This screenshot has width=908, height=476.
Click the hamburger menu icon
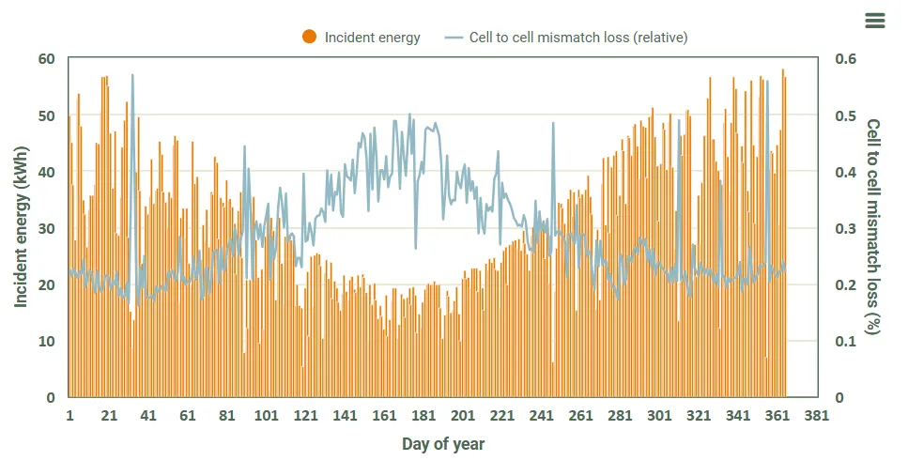pos(874,21)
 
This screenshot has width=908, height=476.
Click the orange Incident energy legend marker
pos(309,38)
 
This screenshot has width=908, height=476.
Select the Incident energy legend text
pos(372,38)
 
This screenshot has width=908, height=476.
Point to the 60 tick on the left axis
pos(47,59)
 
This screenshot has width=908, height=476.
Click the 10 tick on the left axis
pos(47,341)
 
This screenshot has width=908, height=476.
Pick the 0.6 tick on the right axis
pos(846,59)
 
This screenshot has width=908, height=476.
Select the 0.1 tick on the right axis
pos(846,341)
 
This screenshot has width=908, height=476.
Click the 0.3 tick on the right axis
pos(846,228)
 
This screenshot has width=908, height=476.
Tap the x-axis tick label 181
pos(423,416)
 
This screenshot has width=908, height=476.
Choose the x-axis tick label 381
pos(817,416)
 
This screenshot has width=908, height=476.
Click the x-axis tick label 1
pos(69,416)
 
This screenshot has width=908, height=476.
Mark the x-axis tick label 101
pos(266,416)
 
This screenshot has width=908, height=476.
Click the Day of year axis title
pos(443,443)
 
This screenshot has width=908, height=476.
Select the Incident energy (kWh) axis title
pos(22,227)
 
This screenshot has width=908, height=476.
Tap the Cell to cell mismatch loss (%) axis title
pos(873,227)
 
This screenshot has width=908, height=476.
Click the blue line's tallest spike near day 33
pos(132,75)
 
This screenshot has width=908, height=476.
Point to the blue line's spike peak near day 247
pos(553,123)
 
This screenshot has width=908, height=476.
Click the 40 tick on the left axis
pos(47,172)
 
